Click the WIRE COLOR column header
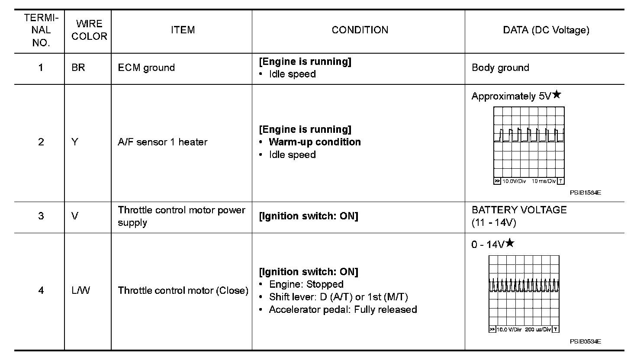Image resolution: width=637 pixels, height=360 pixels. (89, 30)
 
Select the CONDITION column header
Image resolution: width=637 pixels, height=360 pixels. (360, 30)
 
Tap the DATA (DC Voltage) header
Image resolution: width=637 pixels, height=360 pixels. (546, 30)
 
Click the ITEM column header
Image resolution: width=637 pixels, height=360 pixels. (183, 30)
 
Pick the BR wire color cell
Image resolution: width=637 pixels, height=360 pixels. (78, 68)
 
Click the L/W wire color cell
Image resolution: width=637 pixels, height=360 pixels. (81, 290)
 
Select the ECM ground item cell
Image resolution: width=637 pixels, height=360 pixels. (146, 68)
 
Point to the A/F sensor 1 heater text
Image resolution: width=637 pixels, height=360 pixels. (162, 142)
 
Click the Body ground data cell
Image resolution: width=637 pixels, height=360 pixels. (500, 68)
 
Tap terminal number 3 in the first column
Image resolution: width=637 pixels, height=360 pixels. (41, 216)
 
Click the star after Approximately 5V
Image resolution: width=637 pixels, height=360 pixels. (557, 95)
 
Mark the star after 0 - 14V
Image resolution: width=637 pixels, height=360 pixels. (510, 243)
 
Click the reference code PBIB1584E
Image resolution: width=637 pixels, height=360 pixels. (585, 193)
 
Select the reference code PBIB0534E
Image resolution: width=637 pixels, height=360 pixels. (585, 341)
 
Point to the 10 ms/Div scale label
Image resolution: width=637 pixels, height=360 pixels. (543, 181)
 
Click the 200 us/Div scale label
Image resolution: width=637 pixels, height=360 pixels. (538, 330)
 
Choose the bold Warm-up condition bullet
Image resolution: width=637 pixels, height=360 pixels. (315, 142)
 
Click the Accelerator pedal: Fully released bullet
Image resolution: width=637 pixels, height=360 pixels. (343, 310)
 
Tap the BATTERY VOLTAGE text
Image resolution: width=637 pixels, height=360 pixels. (519, 210)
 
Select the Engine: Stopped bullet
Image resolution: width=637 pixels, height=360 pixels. (306, 285)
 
